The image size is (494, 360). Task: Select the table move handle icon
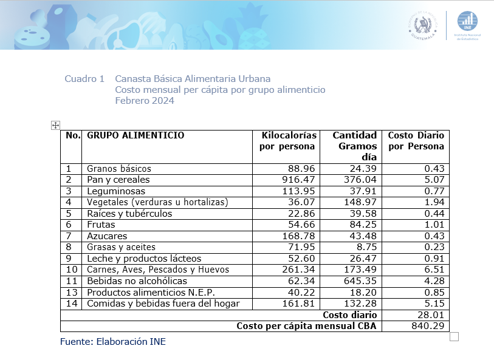55,125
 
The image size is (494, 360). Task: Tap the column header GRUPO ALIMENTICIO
136,135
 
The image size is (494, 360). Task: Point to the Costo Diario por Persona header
416,141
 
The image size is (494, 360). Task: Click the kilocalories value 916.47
298,180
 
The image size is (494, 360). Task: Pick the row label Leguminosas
117,191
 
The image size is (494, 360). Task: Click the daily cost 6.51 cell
434,270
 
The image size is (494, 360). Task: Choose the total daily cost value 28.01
433,314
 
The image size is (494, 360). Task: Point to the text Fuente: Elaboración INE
112,342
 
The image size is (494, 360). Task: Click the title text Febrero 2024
145,101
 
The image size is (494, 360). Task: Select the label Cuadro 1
84,79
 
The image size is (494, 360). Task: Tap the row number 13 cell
72,292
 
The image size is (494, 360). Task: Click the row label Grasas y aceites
121,247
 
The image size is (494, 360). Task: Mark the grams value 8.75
365,247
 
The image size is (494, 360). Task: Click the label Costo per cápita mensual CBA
307,326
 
